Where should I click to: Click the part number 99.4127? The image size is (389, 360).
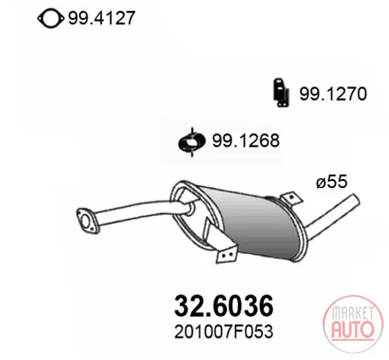pyautogui.click(x=102, y=18)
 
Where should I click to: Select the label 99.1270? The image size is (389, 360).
pyautogui.click(x=332, y=94)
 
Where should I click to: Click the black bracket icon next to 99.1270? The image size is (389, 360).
pyautogui.click(x=281, y=93)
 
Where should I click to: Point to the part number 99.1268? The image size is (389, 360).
pyautogui.click(x=246, y=140)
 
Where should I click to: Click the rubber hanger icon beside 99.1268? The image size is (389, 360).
pyautogui.click(x=192, y=142)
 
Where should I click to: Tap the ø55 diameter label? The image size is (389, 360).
pyautogui.click(x=331, y=182)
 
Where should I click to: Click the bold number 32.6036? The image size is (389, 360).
pyautogui.click(x=224, y=306)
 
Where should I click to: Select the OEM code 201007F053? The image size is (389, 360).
pyautogui.click(x=223, y=332)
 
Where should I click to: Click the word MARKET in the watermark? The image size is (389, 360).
pyautogui.click(x=353, y=313)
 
